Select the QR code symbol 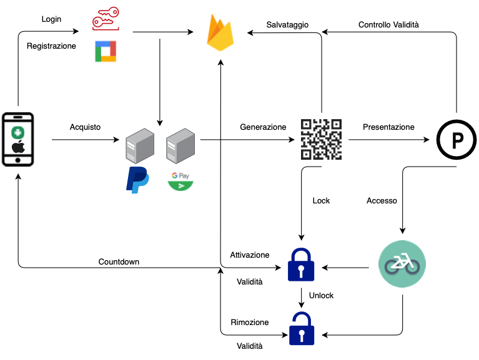coord(322,139)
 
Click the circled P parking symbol coord(456,139)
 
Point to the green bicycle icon coord(402,265)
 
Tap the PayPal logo coord(137,179)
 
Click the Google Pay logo coord(180,181)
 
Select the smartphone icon coord(17,140)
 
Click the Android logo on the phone coord(17,131)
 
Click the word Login coord(51,19)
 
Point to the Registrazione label coord(51,46)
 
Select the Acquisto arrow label coord(85,127)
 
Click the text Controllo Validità coord(388,25)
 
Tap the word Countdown coord(119,261)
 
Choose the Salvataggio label coord(287,25)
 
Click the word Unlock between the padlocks coord(321,295)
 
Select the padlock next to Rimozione coord(301,329)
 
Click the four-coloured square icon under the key coord(106,52)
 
